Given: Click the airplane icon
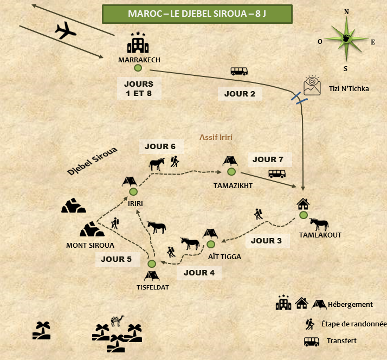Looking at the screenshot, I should (66, 31).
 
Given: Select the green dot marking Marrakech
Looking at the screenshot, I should (138, 68).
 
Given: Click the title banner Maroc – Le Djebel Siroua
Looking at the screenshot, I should (197, 14).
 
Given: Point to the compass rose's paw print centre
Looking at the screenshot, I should (346, 39).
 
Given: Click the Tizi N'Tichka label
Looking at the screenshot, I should (349, 88).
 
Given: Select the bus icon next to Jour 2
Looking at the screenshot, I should (239, 71).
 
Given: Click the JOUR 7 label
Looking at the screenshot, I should (268, 159).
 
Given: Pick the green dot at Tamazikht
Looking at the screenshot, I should (231, 171).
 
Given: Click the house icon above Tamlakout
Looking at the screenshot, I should (303, 204).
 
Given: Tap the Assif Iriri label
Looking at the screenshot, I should (216, 137).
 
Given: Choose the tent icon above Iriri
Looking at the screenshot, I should (129, 181).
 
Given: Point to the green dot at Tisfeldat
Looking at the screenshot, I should (152, 263).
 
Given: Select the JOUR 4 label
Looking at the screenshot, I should (199, 273).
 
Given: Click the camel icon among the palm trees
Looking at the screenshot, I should (117, 320).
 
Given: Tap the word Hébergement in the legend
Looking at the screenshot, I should (357, 305).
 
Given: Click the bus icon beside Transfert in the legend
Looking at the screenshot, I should (311, 341).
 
